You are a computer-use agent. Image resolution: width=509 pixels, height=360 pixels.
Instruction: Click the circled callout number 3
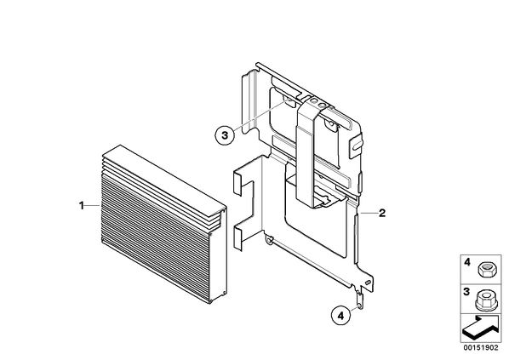(x=225, y=134)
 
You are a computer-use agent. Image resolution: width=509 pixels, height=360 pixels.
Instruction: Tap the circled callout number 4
(x=340, y=315)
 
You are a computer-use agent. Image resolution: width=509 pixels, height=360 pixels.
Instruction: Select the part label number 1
(x=82, y=205)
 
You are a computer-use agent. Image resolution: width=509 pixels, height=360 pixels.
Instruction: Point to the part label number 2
(x=382, y=214)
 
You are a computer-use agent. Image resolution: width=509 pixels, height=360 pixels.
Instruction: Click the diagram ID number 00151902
(x=480, y=348)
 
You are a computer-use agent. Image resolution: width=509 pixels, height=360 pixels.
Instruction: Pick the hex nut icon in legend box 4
(x=484, y=270)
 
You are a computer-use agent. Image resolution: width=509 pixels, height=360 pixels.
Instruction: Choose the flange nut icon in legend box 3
(x=484, y=300)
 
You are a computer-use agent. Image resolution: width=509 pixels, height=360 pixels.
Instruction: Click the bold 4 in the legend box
(x=466, y=262)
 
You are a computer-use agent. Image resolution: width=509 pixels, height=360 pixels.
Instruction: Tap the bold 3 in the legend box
(x=466, y=292)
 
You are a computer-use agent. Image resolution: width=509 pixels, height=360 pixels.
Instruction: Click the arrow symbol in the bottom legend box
(x=481, y=328)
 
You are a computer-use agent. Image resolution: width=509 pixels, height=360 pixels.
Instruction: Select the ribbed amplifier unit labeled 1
(x=163, y=225)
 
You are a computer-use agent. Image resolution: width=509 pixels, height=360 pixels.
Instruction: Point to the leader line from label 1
(x=93, y=205)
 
